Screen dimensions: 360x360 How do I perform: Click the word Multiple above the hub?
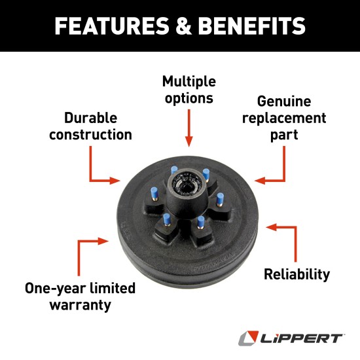click(x=189, y=82)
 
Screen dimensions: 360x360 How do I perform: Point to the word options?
click(x=189, y=98)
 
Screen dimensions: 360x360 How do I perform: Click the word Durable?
click(x=90, y=118)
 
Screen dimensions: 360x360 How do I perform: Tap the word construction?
click(x=90, y=135)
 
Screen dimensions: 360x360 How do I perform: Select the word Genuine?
click(x=283, y=102)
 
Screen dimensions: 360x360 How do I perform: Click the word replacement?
click(x=283, y=118)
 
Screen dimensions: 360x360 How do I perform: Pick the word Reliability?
click(x=297, y=274)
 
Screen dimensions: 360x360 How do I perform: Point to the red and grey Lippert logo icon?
click(x=247, y=338)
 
